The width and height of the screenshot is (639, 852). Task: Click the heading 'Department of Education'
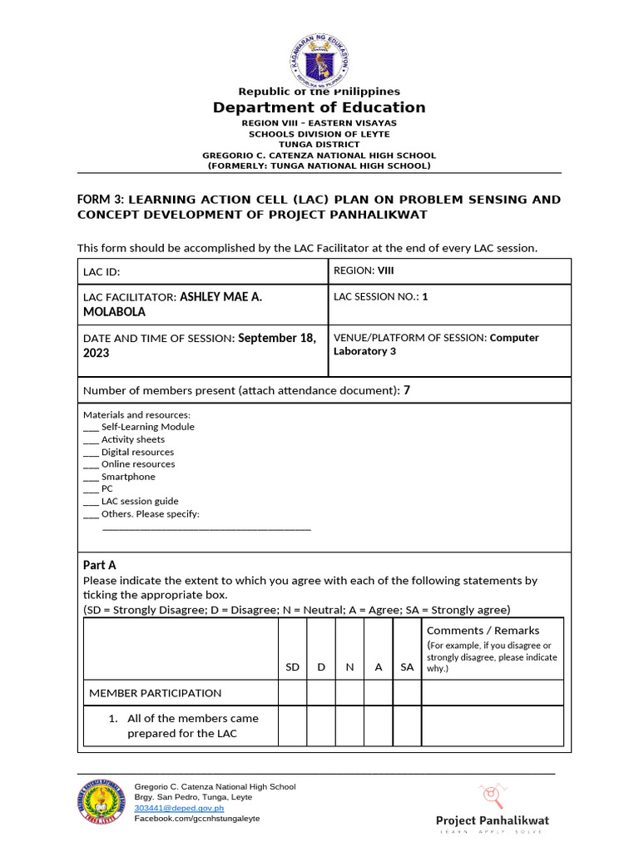pyautogui.click(x=319, y=107)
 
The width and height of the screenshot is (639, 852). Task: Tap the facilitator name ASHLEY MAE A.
pyautogui.click(x=220, y=296)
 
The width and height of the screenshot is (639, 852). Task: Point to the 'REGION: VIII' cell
pyautogui.click(x=364, y=270)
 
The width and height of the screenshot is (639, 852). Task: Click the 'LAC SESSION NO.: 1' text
pyautogui.click(x=380, y=296)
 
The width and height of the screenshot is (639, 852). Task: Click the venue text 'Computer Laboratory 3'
pyautogui.click(x=436, y=344)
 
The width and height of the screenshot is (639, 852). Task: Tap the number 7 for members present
pyautogui.click(x=407, y=390)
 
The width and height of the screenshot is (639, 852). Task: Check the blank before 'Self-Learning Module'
pyautogui.click(x=91, y=427)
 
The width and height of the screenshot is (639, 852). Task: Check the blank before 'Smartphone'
pyautogui.click(x=91, y=477)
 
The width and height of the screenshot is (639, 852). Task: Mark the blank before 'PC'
pyautogui.click(x=91, y=489)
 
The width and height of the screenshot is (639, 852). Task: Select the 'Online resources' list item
pyautogui.click(x=137, y=464)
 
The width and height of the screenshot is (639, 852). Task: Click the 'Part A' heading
pyautogui.click(x=100, y=565)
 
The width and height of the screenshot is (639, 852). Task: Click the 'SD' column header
pyautogui.click(x=292, y=667)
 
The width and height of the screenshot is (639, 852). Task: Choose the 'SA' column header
pyautogui.click(x=407, y=667)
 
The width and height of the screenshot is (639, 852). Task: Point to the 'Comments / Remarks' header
pyautogui.click(x=483, y=631)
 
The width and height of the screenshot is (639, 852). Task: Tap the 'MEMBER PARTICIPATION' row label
pyautogui.click(x=156, y=693)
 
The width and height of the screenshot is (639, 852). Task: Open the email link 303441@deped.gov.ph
pyautogui.click(x=179, y=808)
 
